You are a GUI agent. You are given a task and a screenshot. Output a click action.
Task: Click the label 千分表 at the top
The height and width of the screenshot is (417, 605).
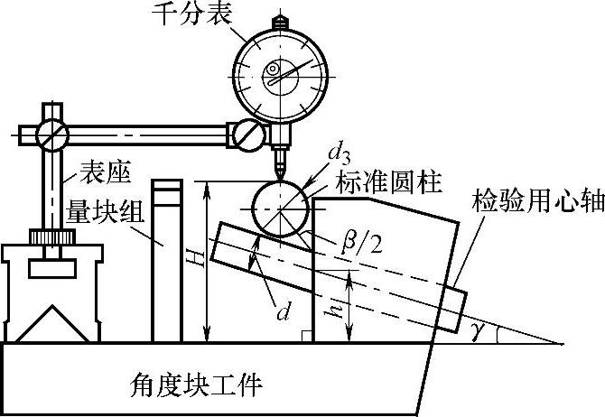click(196, 14)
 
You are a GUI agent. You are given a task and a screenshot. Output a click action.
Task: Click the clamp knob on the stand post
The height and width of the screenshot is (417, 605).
click(51, 134)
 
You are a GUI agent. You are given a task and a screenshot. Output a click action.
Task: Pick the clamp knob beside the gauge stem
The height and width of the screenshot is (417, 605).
click(247, 134)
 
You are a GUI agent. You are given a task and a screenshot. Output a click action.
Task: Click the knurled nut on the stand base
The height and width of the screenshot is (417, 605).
click(51, 237)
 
